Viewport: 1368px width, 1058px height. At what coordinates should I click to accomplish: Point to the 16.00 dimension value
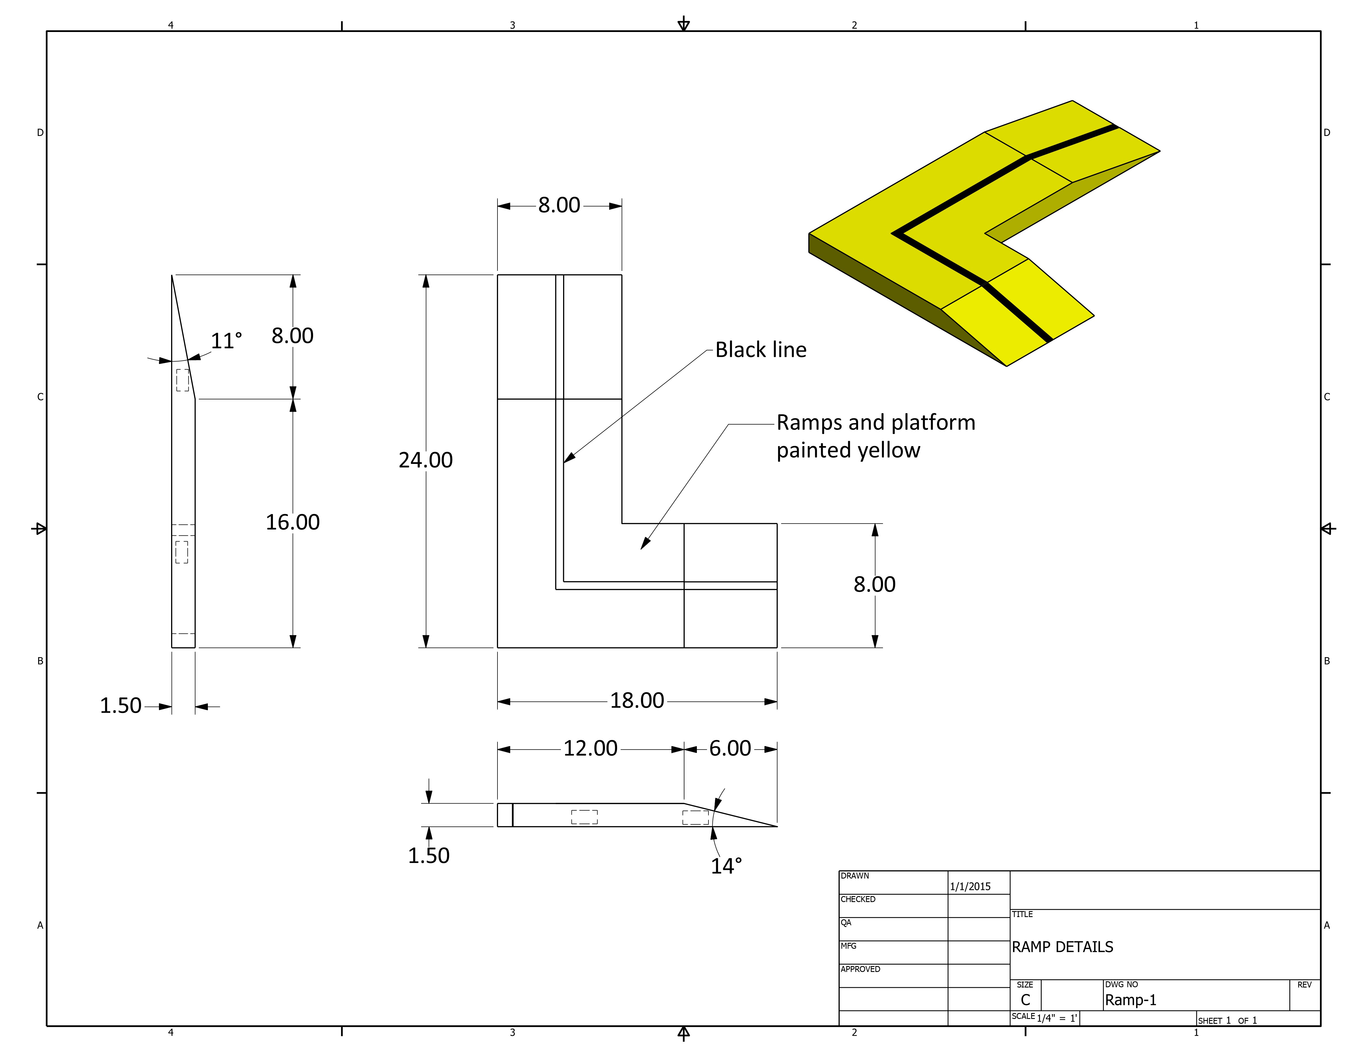pos(292,522)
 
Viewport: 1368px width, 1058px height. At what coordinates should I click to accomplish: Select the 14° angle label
pos(726,866)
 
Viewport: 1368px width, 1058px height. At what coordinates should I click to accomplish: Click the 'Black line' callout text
pos(761,350)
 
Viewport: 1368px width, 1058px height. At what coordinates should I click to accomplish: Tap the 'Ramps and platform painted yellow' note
pos(876,436)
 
